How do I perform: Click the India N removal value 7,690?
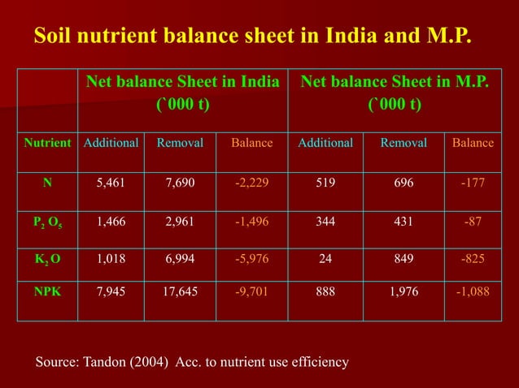[179, 183]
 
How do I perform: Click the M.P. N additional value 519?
[325, 183]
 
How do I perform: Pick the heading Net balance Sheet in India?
[183, 82]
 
